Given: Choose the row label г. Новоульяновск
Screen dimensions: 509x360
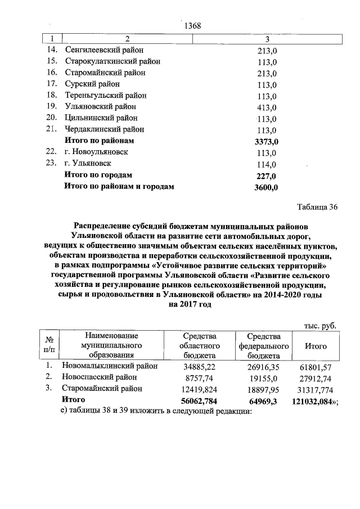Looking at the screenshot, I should (x=96, y=152).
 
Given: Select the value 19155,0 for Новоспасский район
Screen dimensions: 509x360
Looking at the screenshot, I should (x=264, y=377).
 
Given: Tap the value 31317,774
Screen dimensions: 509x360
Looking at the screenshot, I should (x=316, y=389).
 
